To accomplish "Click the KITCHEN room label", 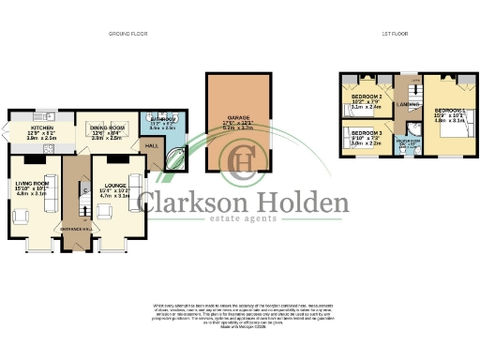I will (42, 127).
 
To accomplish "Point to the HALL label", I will (151, 146).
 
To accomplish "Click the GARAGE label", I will (237, 116).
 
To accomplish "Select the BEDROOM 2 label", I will (367, 97).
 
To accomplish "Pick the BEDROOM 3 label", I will (367, 134).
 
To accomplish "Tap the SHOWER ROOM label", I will (408, 140).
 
